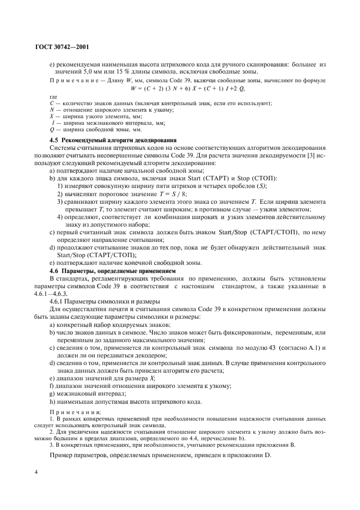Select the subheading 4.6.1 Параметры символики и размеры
click(x=101, y=301)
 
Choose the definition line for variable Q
click(x=88, y=130)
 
